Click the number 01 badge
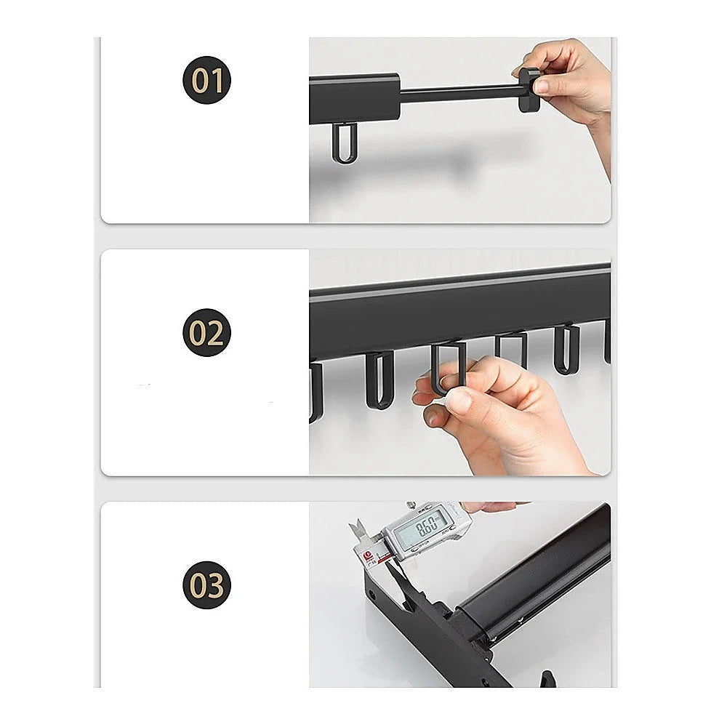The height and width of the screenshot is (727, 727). coord(206,80)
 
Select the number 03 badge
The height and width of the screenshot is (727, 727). coord(206,585)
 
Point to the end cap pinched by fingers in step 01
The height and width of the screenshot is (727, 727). coord(529,89)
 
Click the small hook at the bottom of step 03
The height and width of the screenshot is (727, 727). coord(545,680)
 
